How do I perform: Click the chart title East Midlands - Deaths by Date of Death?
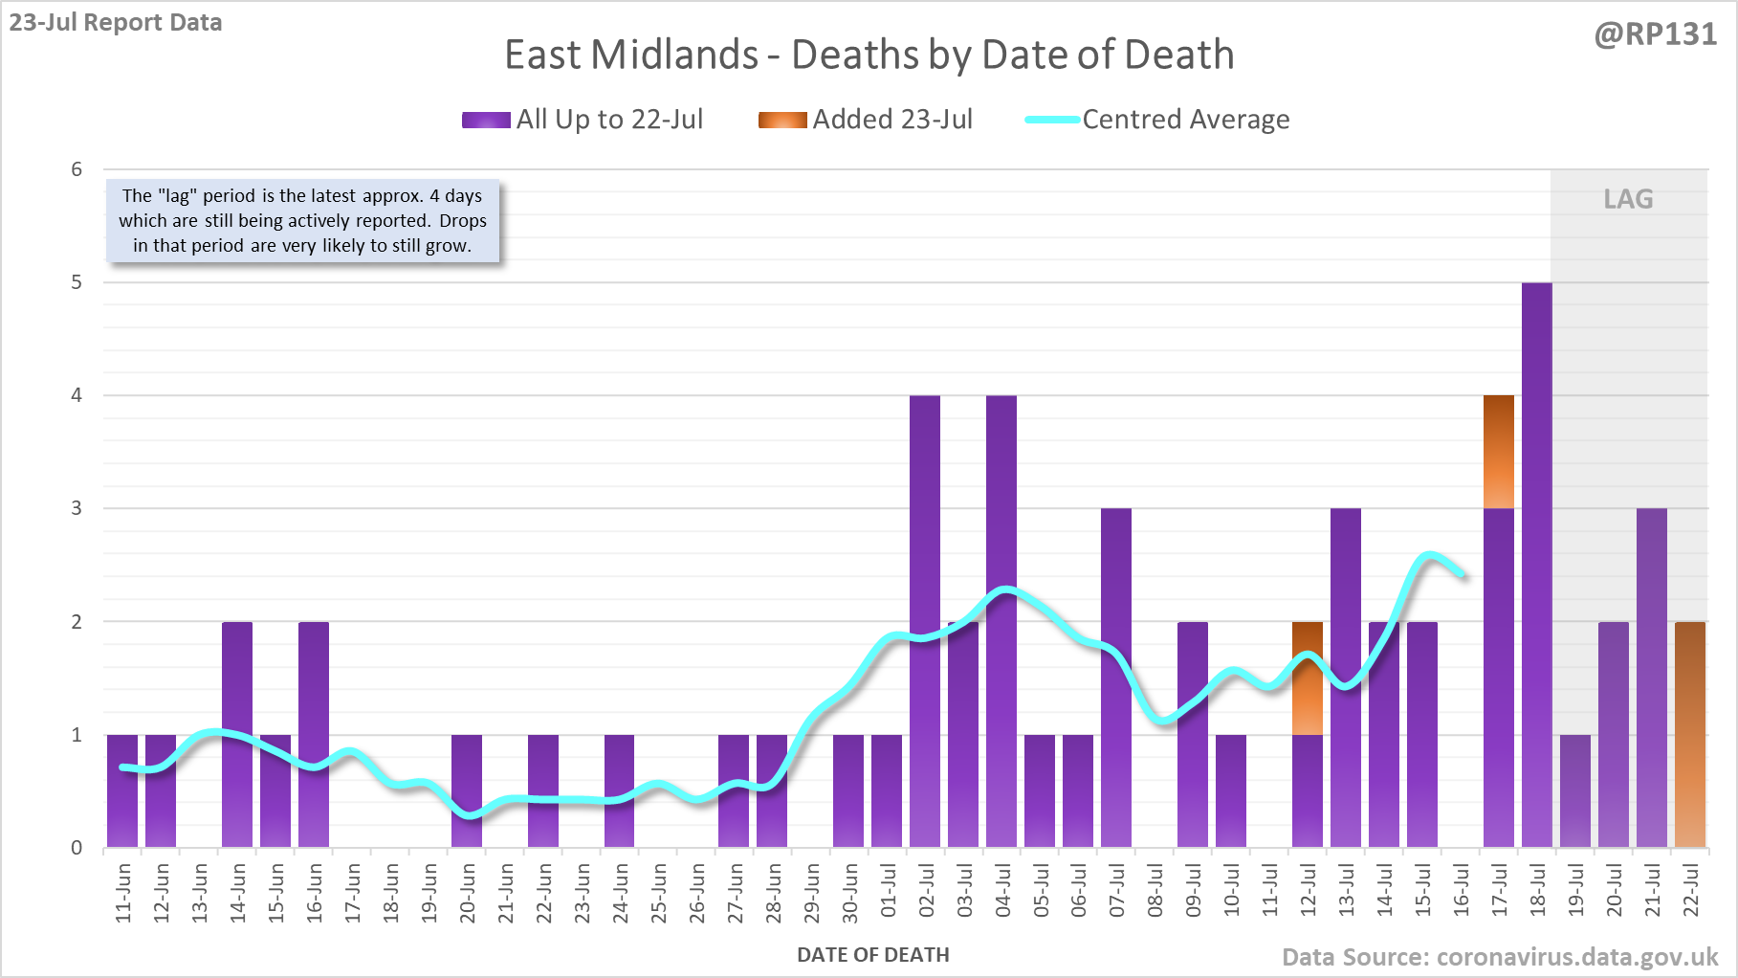[869, 55]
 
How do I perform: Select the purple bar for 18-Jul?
[1536, 565]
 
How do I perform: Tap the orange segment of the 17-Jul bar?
[1498, 451]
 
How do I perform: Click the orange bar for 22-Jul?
[1689, 734]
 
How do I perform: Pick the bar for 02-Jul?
[924, 621]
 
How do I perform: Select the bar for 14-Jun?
[236, 734]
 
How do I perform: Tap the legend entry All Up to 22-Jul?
[583, 120]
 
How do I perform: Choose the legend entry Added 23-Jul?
[866, 120]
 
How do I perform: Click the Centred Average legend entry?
[1157, 120]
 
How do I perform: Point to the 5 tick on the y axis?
[77, 282]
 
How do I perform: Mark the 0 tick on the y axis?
[77, 848]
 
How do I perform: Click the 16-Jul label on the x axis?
[1461, 891]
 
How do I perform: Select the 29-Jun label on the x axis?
[811, 891]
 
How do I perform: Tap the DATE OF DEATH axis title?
[872, 955]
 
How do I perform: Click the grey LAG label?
[1628, 199]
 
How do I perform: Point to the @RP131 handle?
[1655, 34]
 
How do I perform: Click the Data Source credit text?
[1499, 957]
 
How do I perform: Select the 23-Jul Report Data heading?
[116, 22]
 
